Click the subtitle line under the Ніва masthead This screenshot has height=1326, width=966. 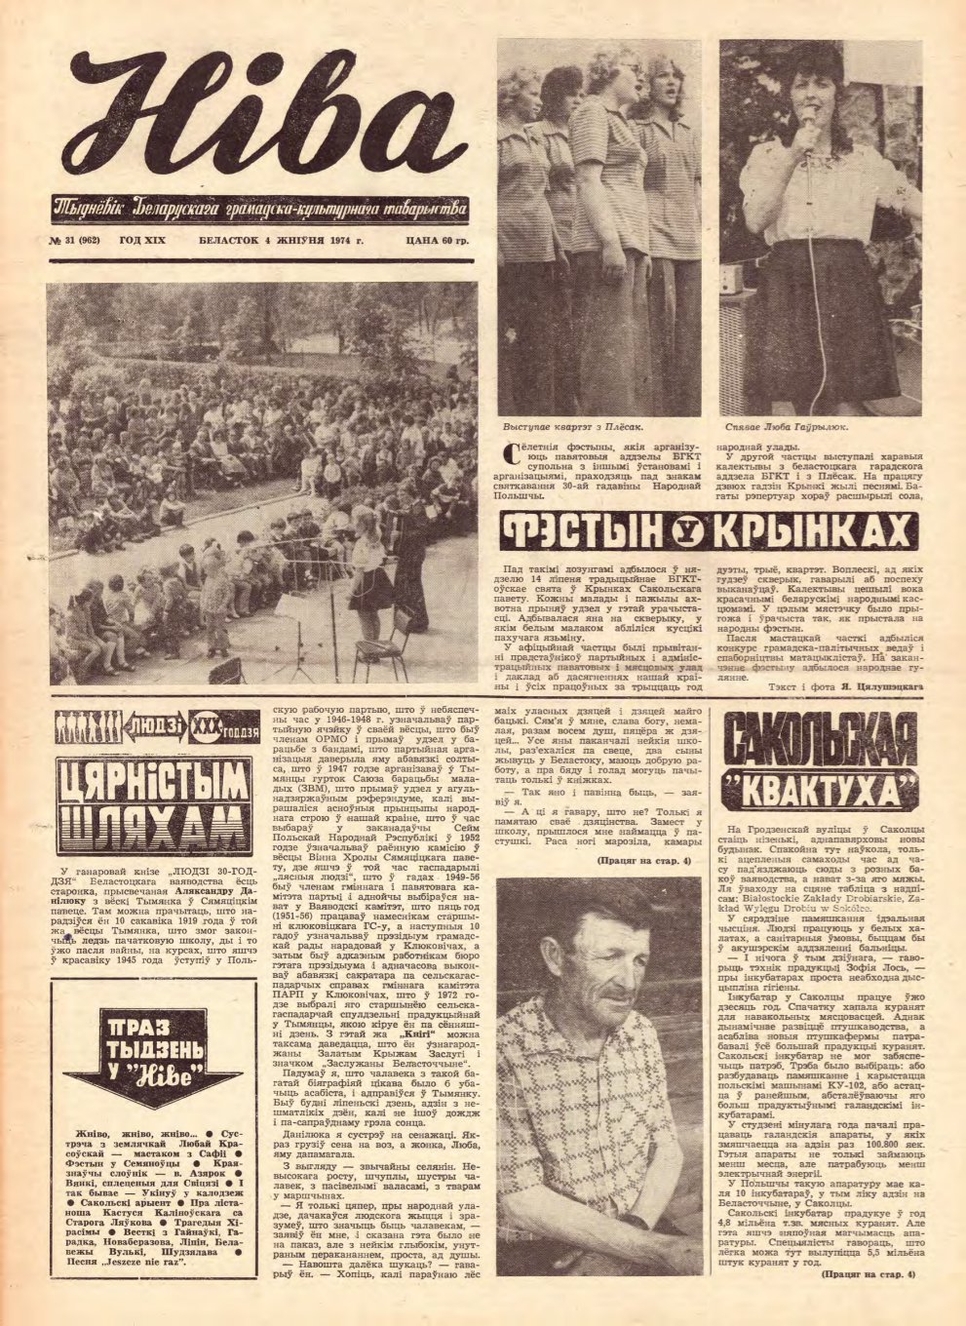click(260, 207)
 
